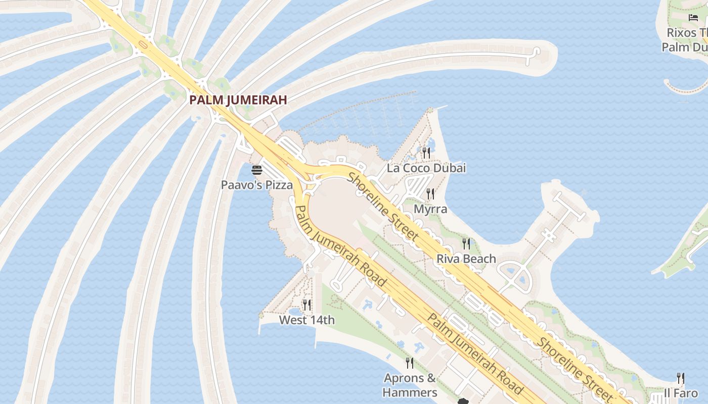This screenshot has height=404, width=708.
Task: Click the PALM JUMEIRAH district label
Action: click(x=238, y=100)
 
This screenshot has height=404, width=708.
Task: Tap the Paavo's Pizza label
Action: click(x=256, y=185)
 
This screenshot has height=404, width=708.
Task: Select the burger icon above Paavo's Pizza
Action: click(x=256, y=170)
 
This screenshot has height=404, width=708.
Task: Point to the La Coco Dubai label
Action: click(x=426, y=168)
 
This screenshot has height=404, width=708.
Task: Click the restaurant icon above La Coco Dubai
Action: click(x=426, y=153)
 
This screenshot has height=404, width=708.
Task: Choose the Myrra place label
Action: click(x=430, y=209)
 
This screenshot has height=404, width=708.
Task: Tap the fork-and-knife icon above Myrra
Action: click(x=430, y=193)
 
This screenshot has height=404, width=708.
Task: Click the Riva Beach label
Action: click(x=466, y=259)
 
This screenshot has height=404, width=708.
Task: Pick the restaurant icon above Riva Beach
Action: click(x=466, y=244)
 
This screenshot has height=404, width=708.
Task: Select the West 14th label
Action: click(x=306, y=320)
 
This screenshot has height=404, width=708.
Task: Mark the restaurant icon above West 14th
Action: click(x=306, y=305)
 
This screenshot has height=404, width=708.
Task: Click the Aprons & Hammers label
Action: click(x=410, y=385)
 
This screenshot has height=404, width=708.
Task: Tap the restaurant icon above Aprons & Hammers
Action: click(x=410, y=363)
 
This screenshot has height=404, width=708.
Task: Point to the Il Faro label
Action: click(x=681, y=393)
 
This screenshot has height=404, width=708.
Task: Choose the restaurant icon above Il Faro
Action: click(x=681, y=378)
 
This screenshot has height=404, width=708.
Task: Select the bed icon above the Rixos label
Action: click(x=693, y=18)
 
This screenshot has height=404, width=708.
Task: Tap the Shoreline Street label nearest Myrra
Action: click(x=383, y=207)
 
